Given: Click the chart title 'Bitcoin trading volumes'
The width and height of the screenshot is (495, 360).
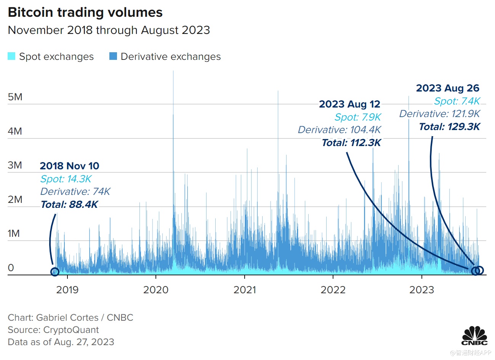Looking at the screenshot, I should [x=85, y=13].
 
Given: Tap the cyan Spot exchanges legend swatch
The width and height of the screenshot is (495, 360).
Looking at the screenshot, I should [x=11, y=56].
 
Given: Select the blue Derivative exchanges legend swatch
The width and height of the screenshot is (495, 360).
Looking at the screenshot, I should [x=113, y=56].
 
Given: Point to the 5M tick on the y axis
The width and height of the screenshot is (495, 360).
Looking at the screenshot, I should [x=15, y=97].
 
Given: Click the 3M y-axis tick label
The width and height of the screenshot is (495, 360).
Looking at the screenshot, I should [x=15, y=165].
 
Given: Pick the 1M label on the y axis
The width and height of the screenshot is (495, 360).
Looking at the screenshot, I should [x=14, y=233].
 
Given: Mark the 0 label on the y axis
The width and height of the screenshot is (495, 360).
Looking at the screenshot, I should [x=11, y=268].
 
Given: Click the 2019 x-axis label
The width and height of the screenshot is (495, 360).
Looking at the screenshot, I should [x=67, y=290].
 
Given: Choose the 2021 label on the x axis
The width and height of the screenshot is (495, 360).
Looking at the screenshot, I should [x=245, y=290].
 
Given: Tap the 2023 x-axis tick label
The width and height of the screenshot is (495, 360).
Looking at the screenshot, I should [x=421, y=290].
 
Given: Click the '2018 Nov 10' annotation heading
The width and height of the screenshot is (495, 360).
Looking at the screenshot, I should [x=69, y=166].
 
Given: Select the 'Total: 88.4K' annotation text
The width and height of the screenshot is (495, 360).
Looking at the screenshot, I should [x=69, y=205].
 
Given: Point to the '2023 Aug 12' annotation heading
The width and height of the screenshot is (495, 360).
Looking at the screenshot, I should [x=349, y=104].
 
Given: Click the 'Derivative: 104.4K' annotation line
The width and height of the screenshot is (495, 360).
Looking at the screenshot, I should [x=339, y=130].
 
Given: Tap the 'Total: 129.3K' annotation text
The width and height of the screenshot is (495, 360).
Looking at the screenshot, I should [x=449, y=127].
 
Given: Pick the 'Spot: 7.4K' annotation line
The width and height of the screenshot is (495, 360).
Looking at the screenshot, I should [x=457, y=101].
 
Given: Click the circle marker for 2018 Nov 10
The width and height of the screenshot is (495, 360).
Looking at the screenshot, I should [x=54, y=272].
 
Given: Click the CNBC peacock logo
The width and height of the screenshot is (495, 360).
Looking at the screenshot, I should [x=474, y=336].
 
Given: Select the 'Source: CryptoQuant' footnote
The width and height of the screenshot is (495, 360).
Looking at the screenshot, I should [x=53, y=330].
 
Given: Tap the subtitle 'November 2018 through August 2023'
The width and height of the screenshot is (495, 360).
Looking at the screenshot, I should [x=109, y=30].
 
